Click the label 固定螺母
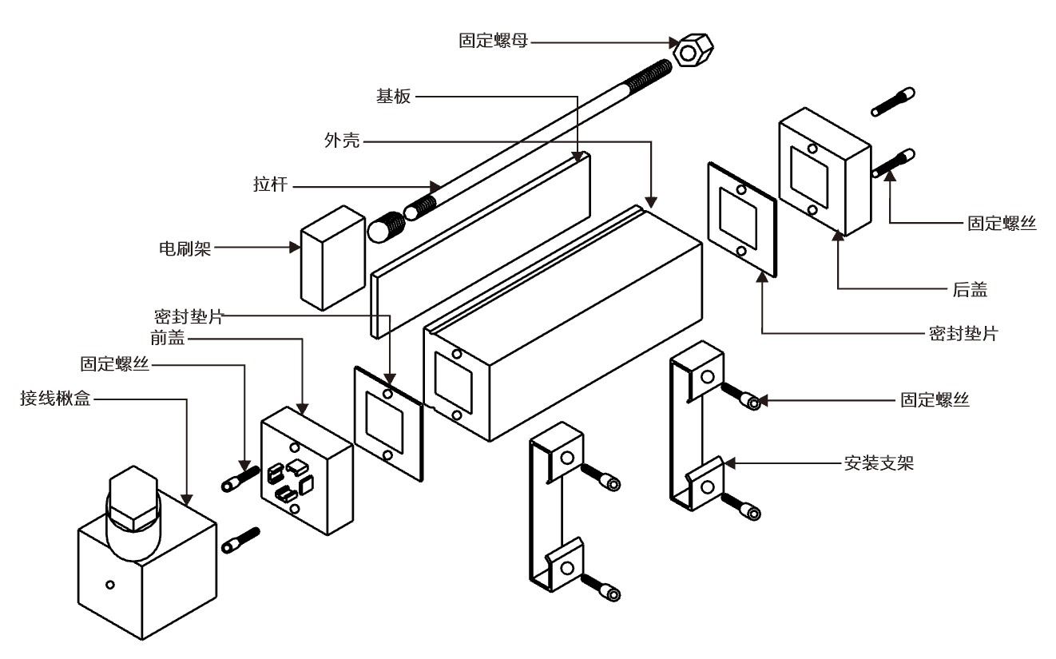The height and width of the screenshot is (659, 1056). [493, 41]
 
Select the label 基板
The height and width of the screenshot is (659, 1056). [393, 97]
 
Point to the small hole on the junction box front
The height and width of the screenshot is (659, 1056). [110, 586]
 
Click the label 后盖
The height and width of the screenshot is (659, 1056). [970, 290]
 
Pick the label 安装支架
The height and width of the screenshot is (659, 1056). [879, 462]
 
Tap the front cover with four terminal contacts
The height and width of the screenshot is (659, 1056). [307, 470]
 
